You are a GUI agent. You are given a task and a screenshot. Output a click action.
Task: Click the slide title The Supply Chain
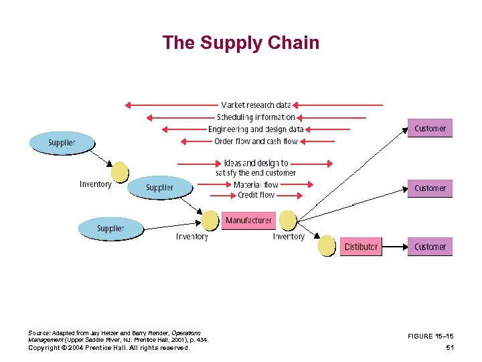pyautogui.click(x=240, y=43)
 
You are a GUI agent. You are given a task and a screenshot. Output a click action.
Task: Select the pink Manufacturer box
pyautogui.click(x=248, y=220)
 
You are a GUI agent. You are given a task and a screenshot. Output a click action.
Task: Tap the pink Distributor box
pyautogui.click(x=361, y=247)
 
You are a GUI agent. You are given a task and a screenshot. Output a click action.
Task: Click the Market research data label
pyautogui.click(x=256, y=105)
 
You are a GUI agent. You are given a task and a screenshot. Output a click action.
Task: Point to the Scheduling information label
pyautogui.click(x=256, y=117)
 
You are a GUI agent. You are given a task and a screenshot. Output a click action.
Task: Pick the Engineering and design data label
pyautogui.click(x=256, y=129)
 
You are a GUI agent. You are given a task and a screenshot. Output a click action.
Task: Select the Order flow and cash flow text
pyautogui.click(x=256, y=141)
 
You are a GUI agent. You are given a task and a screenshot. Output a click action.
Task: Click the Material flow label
pyautogui.click(x=256, y=184)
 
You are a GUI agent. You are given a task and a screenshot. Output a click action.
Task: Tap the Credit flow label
pyautogui.click(x=256, y=195)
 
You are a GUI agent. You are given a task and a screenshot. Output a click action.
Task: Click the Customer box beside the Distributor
pyautogui.click(x=430, y=247)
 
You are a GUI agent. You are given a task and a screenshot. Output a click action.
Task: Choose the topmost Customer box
pyautogui.click(x=430, y=129)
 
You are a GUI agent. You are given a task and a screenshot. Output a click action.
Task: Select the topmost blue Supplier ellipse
pyautogui.click(x=62, y=143)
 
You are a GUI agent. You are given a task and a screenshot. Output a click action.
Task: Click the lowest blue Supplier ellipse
pyautogui.click(x=110, y=229)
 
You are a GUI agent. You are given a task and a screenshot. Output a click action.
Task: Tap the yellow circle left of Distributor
pyautogui.click(x=327, y=246)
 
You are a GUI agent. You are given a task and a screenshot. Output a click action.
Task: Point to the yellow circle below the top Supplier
pyautogui.click(x=120, y=172)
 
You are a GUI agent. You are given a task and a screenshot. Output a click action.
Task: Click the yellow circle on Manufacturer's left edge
pyautogui.click(x=210, y=221)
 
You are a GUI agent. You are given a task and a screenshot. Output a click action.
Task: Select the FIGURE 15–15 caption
pyautogui.click(x=432, y=336)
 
